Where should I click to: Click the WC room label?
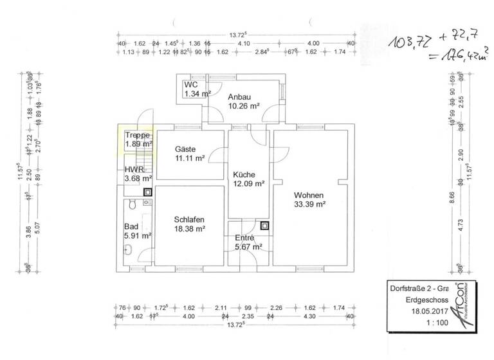click(x=190, y=85)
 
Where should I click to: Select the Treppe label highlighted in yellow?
click(x=138, y=135)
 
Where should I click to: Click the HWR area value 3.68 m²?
click(x=138, y=179)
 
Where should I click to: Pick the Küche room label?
click(x=244, y=174)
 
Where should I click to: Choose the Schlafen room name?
click(x=189, y=219)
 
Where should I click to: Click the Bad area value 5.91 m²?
click(x=138, y=236)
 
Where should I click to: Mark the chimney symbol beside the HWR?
click(x=147, y=191)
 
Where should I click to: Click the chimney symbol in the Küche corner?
click(x=265, y=226)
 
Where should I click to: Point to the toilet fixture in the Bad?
click(x=131, y=204)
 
